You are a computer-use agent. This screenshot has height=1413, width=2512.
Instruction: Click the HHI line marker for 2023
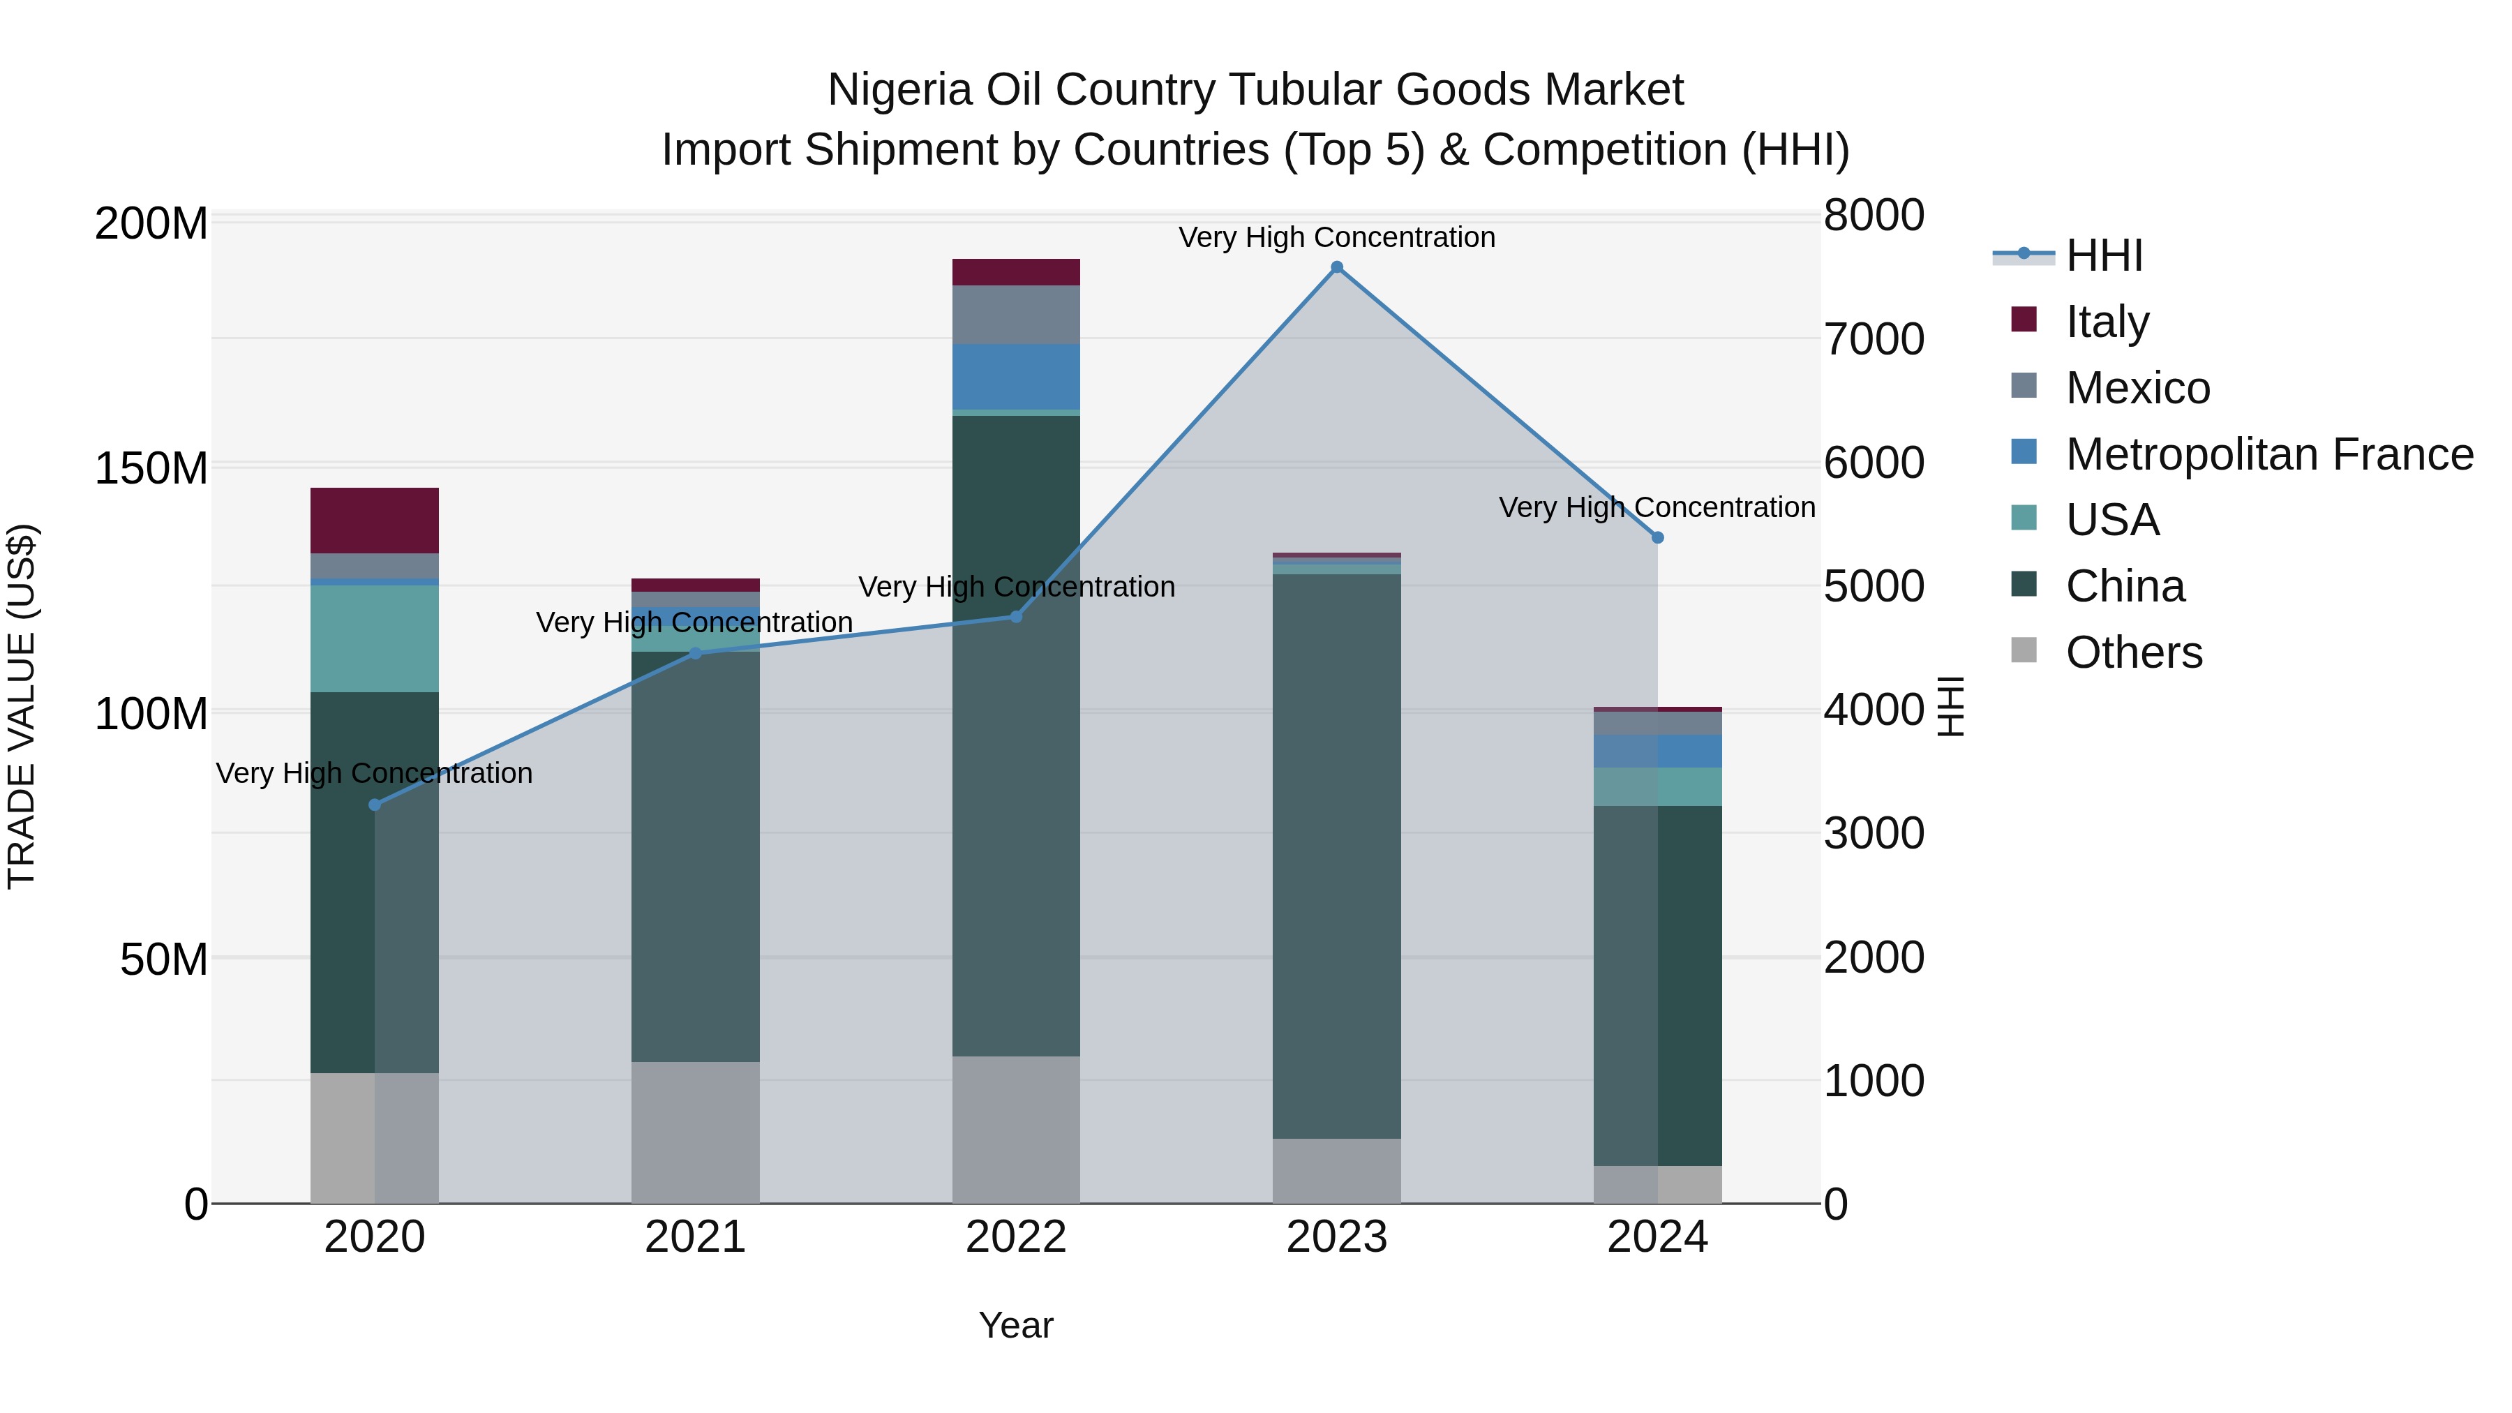1337,267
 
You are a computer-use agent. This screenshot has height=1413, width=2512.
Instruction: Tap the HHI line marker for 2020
375,805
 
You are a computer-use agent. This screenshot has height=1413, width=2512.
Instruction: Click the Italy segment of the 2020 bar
375,521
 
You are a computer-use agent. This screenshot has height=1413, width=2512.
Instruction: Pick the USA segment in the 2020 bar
375,638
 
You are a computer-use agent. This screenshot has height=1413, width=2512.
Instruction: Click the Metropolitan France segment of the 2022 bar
1016,376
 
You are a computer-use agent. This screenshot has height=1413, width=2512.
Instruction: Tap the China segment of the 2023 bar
1337,856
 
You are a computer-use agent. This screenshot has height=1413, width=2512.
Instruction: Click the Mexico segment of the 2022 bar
1016,314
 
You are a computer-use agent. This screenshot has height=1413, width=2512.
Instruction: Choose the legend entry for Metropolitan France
2268,454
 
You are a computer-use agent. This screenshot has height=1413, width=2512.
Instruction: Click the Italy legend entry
2107,322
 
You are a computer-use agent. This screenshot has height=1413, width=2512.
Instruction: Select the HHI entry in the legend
2103,255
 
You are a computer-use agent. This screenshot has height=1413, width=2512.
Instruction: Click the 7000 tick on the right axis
1874,339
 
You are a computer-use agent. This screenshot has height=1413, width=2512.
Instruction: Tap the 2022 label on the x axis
1016,1237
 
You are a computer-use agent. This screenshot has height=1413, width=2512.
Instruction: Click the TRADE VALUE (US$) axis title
22,706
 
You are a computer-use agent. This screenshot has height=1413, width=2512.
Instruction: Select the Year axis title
1016,1325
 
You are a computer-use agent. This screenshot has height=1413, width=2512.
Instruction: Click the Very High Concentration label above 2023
1337,237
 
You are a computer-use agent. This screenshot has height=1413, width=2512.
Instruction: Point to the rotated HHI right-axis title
1950,706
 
